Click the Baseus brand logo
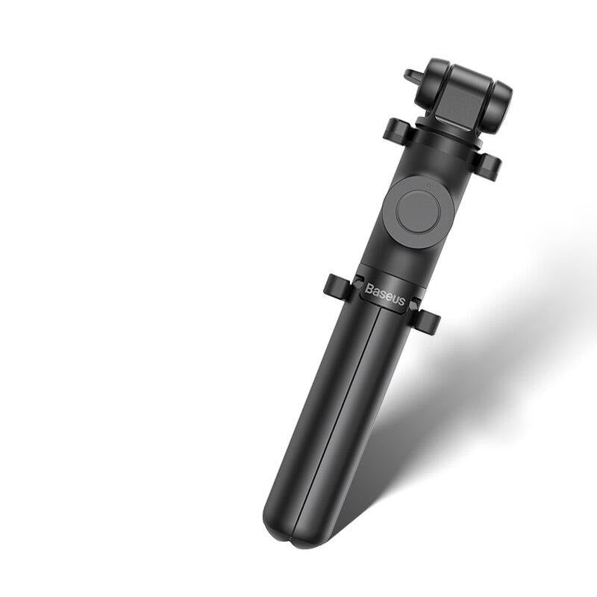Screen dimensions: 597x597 (x=384, y=295)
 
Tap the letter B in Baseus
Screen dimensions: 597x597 (x=369, y=289)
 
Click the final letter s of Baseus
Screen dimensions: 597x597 (x=401, y=301)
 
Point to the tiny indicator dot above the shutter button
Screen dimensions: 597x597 (x=428, y=185)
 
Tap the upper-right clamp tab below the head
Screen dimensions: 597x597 (x=487, y=166)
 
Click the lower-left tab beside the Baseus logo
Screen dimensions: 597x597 (x=338, y=287)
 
